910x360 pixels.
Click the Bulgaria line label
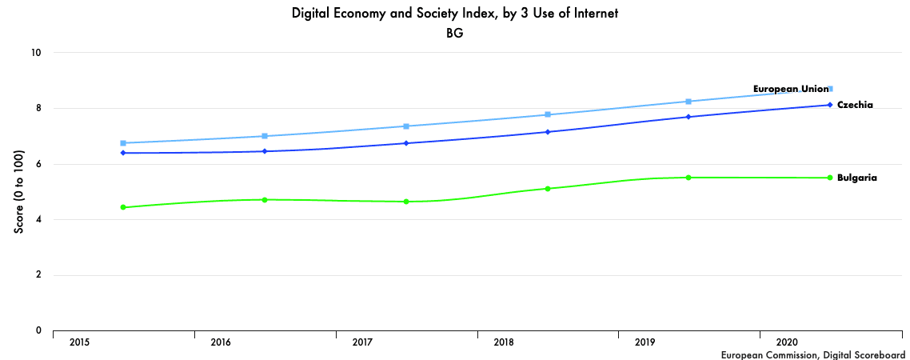[x=856, y=178]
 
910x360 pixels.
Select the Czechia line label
[x=854, y=105]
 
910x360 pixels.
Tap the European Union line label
[x=791, y=89]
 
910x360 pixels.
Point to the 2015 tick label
[x=80, y=342]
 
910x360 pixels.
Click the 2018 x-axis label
[x=504, y=342]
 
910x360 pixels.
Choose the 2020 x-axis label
[x=787, y=342]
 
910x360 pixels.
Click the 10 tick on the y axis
[x=36, y=53]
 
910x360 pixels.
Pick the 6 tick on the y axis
[x=38, y=164]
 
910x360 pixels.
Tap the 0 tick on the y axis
[x=38, y=330]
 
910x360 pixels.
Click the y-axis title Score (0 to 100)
[x=18, y=192]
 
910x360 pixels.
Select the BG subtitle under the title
[x=455, y=34]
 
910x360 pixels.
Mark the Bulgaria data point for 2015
[x=123, y=207]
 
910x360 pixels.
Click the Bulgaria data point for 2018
[x=548, y=189]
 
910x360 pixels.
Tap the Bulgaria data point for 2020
[x=830, y=178]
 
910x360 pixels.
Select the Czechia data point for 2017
[x=406, y=143]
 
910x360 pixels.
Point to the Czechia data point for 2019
[x=688, y=117]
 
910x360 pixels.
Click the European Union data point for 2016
[x=265, y=136]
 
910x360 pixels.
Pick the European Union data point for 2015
[x=123, y=143]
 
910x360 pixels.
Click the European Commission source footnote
[x=812, y=354]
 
